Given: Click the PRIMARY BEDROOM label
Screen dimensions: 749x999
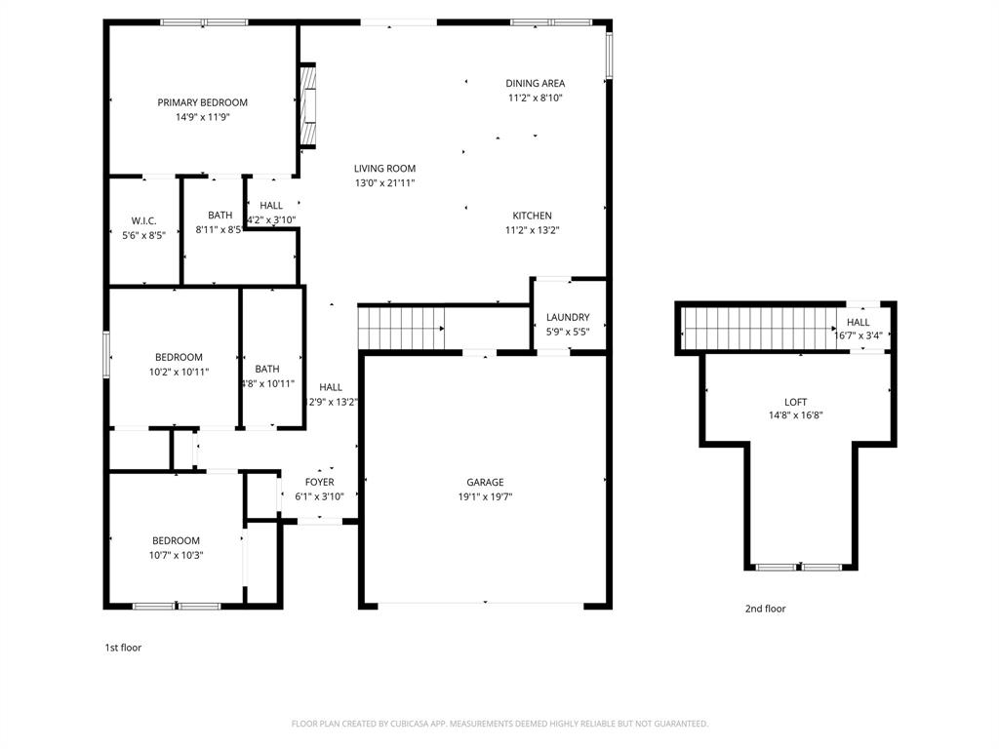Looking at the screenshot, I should coord(202,102).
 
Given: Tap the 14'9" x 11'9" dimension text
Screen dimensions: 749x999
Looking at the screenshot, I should coord(202,117).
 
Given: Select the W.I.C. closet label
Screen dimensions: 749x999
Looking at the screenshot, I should coord(143,221).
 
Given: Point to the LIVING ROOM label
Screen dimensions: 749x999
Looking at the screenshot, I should coord(384,169).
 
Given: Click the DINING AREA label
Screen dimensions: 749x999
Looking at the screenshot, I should coord(535,84).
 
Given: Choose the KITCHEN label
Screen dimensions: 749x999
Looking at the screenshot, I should coord(532,217).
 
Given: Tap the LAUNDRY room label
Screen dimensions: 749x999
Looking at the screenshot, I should coord(567,318).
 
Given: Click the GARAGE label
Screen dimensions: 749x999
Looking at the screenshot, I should coord(485,483).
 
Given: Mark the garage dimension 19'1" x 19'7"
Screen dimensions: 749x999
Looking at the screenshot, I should coord(485,496).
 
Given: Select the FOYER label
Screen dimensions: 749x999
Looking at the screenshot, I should coord(319,483).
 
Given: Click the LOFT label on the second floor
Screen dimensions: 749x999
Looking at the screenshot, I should coord(795,402).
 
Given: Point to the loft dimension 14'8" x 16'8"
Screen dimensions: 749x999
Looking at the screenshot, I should coord(795,415).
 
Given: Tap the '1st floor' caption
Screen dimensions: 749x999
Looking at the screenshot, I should coord(123,648).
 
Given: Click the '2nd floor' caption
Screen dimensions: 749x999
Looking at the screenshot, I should coord(765,610).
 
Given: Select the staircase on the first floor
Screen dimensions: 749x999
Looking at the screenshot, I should coord(401,327).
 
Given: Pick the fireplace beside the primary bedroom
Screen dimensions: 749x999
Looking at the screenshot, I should coord(307,104).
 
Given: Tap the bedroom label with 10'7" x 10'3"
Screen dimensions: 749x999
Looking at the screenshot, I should coord(176,541).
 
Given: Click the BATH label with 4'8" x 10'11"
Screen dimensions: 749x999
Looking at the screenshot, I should coord(267,370).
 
